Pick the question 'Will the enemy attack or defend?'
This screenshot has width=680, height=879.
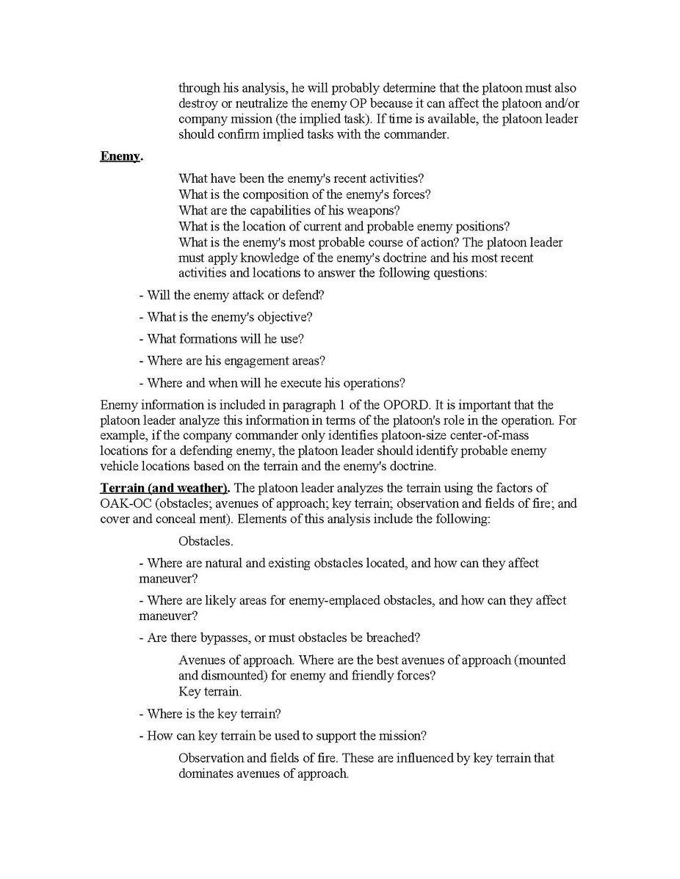point(231,295)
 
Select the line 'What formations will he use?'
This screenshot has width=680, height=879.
point(221,339)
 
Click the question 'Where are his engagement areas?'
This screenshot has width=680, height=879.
point(231,361)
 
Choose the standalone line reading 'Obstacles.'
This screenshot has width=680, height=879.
point(206,541)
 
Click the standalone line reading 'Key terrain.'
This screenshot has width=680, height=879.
point(210,691)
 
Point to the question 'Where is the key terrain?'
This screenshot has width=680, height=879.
point(210,713)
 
